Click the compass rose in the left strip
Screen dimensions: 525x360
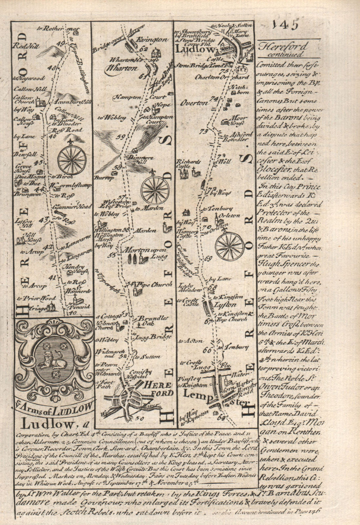point(72,159)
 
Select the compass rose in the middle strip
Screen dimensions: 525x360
point(155,190)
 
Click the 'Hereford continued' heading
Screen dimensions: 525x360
point(283,50)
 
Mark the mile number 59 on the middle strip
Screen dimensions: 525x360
point(121,137)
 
